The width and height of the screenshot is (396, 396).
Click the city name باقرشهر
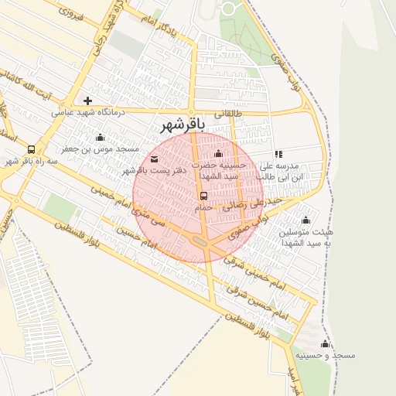click(x=182, y=125)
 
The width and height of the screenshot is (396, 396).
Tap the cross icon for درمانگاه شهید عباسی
click(x=87, y=101)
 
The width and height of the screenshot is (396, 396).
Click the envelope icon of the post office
click(x=154, y=159)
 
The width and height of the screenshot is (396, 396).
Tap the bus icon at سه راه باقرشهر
click(x=31, y=149)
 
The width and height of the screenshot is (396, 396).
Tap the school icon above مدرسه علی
click(x=278, y=154)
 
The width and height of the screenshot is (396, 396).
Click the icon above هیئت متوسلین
click(x=306, y=220)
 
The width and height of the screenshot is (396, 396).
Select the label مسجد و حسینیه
click(x=325, y=355)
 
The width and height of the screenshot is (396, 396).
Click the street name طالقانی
click(x=227, y=113)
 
